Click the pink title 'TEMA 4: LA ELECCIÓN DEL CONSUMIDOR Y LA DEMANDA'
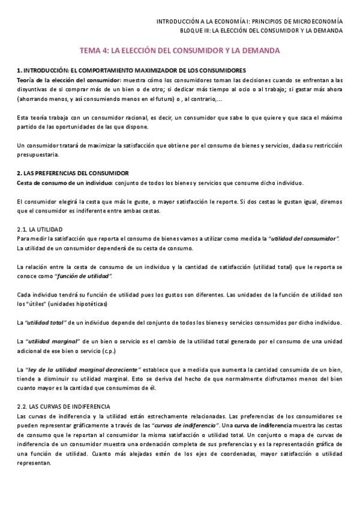point(180,52)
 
